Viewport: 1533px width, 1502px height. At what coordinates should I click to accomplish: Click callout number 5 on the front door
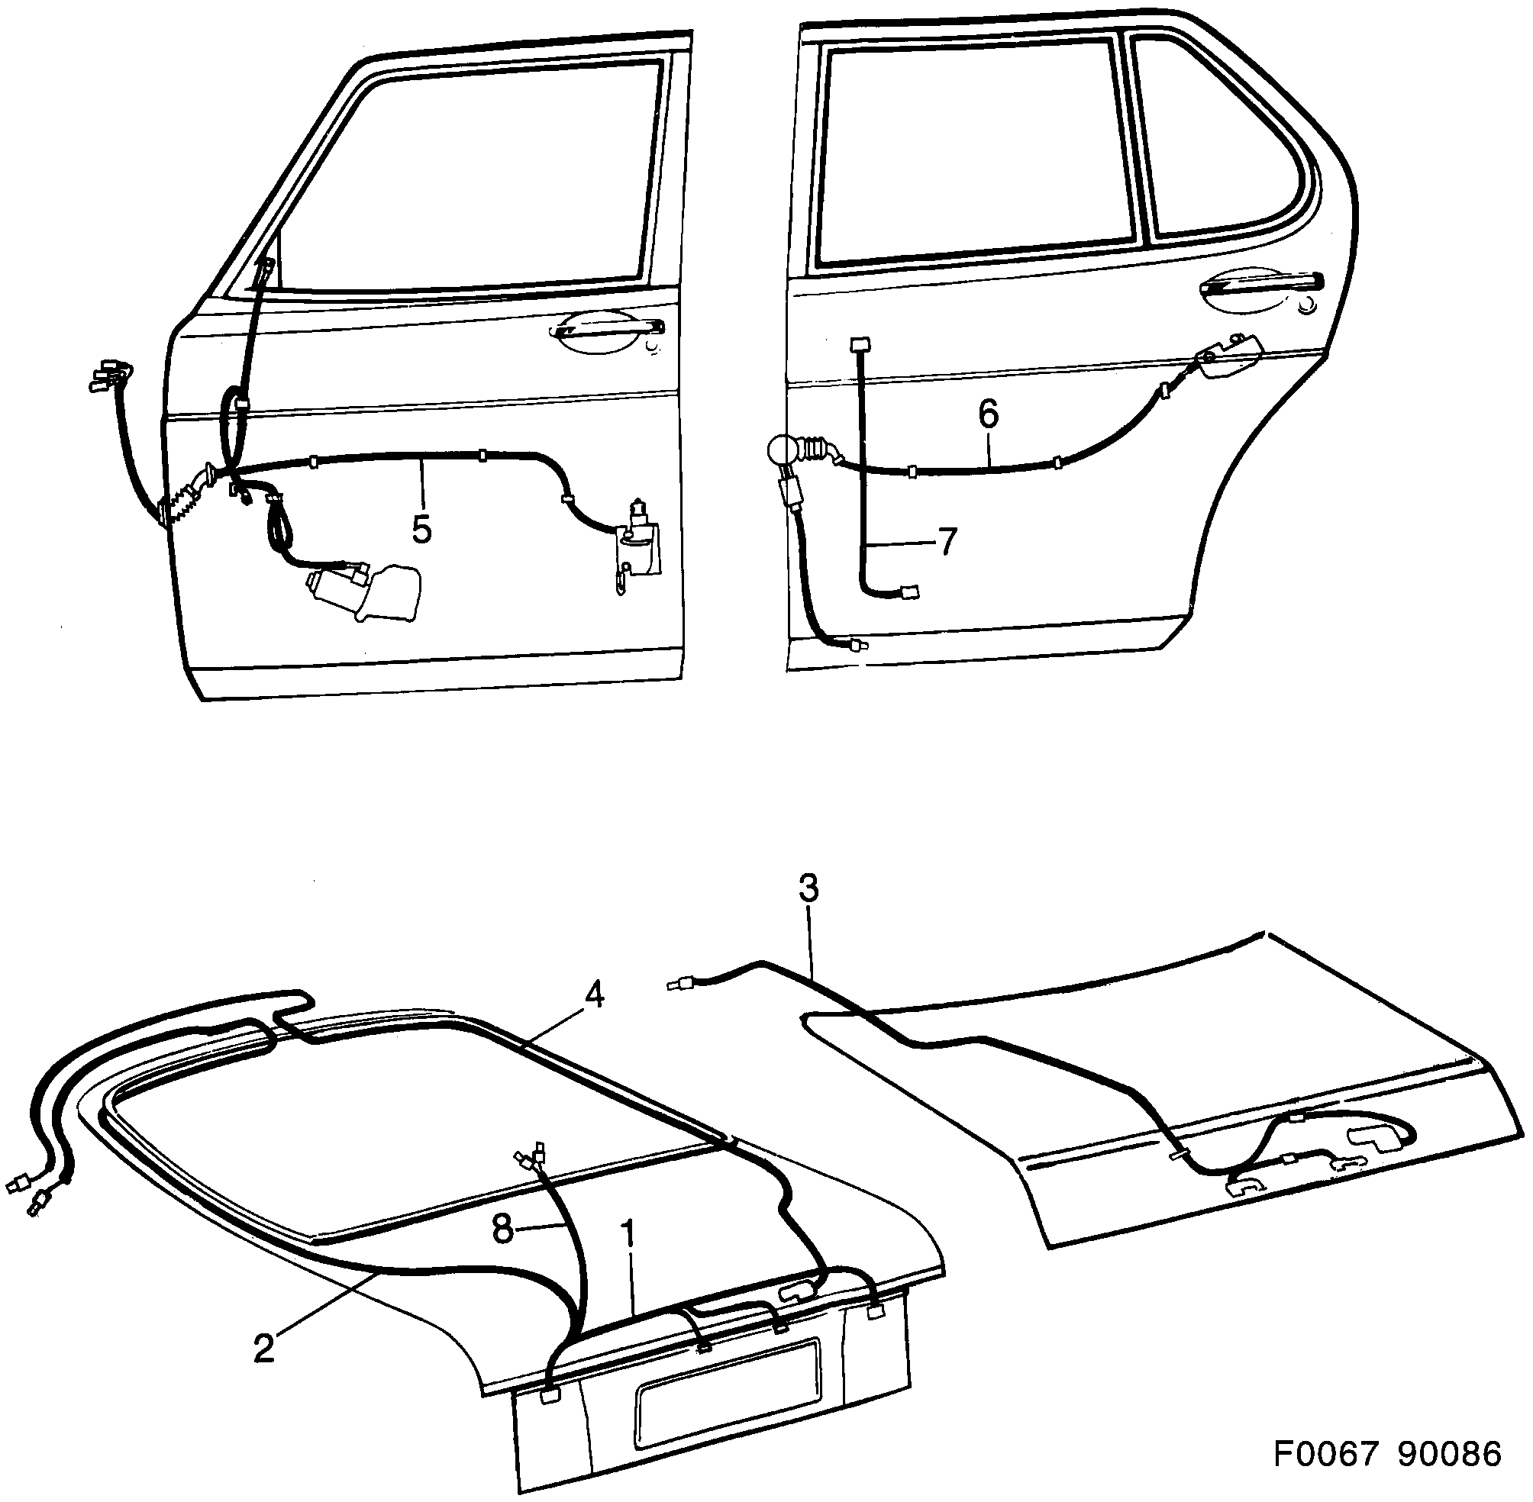[x=422, y=529]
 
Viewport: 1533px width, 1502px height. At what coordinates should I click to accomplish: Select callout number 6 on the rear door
[x=988, y=414]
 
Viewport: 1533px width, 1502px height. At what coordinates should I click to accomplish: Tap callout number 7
[x=946, y=541]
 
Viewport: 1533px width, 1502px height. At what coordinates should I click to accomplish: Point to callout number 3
[x=808, y=889]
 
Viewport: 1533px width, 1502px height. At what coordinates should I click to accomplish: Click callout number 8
[x=503, y=1228]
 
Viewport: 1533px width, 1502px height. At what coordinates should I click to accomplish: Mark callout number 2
[x=264, y=1347]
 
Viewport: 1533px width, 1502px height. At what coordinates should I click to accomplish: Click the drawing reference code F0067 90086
[x=1387, y=1453]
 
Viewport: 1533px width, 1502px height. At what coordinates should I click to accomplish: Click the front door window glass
[x=473, y=173]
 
